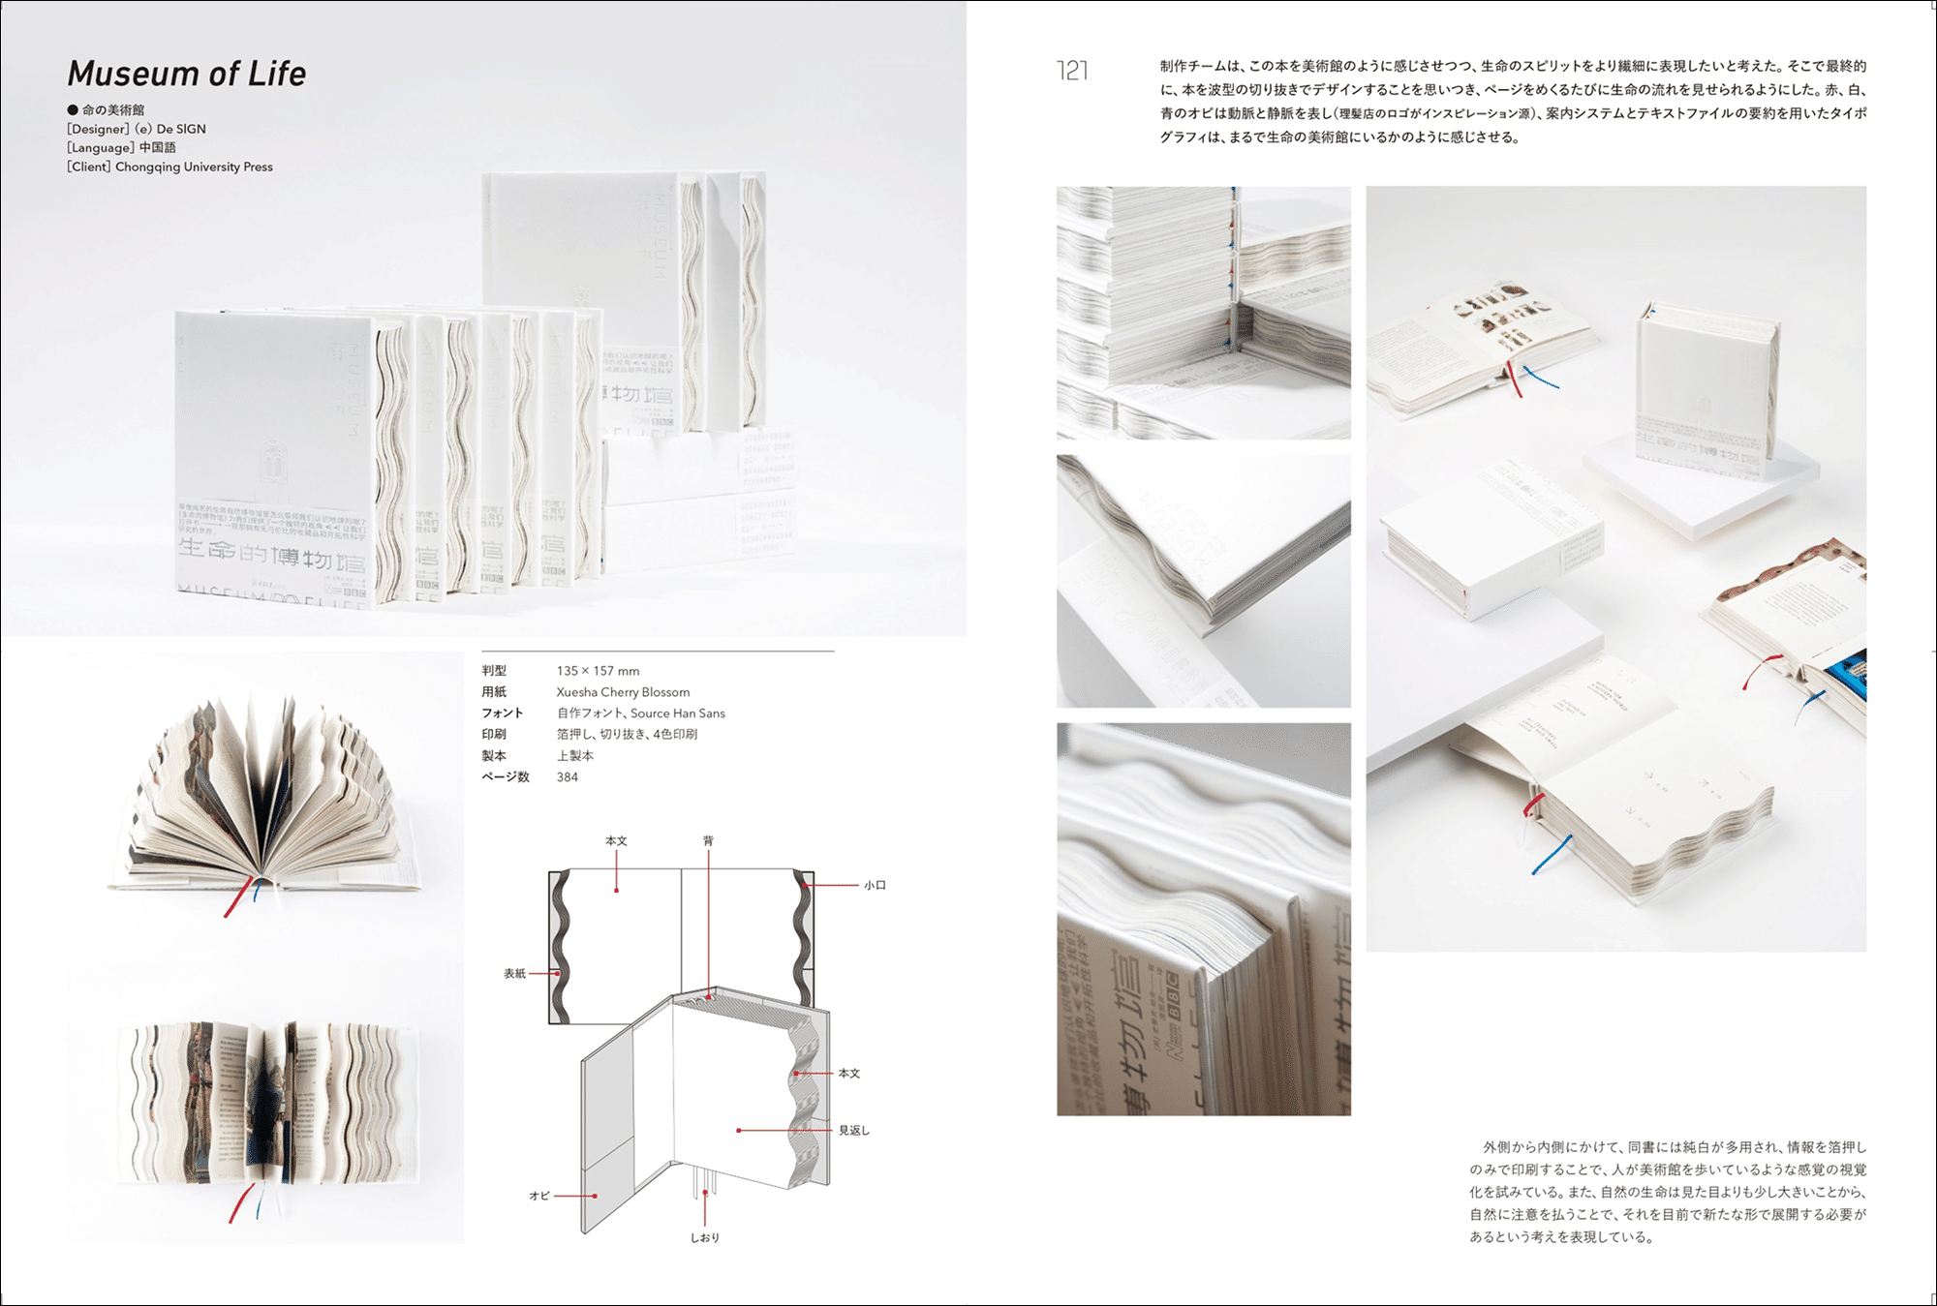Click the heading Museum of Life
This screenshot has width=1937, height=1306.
tap(186, 74)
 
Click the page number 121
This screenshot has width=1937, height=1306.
tap(1072, 71)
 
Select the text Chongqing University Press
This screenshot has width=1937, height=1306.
tap(194, 167)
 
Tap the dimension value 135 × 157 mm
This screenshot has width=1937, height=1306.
tap(598, 671)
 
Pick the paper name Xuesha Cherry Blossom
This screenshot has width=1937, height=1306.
tap(623, 692)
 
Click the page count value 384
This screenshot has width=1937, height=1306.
tap(568, 777)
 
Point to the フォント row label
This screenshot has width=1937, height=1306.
tap(502, 714)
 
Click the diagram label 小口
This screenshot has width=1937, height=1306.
tap(875, 885)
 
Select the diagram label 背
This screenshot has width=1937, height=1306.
tap(708, 841)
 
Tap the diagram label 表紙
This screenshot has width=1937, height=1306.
tap(514, 973)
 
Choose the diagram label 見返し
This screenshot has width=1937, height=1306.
tap(853, 1130)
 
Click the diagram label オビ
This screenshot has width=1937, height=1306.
tap(539, 1196)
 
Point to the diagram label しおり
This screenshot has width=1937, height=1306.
tap(704, 1237)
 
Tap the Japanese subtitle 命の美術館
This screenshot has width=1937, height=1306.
tap(113, 109)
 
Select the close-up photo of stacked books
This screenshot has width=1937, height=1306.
tap(1203, 313)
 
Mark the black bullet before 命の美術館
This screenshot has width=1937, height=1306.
tap(73, 109)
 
